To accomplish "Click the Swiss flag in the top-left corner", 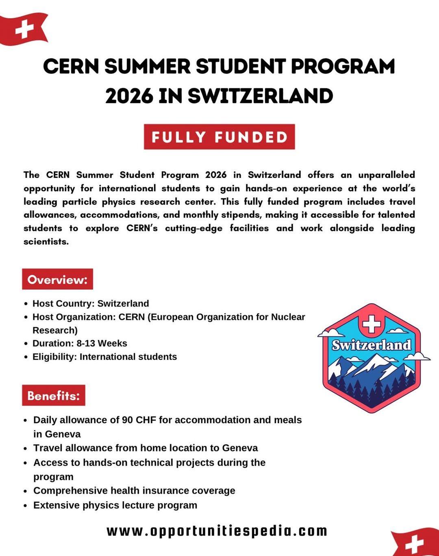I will point(24,29).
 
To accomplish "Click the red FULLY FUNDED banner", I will point(219,137).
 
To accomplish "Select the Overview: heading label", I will point(57,279).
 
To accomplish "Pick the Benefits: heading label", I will point(54,396).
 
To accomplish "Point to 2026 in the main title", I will point(129,96).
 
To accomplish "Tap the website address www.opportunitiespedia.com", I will point(217,531).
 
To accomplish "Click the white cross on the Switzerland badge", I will point(371,324).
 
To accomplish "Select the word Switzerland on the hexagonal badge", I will point(372,345).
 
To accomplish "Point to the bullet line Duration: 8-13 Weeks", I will point(80,344).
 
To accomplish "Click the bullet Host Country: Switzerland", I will point(91,304).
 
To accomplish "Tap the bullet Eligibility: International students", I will point(104,357).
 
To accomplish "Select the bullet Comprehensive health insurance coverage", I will point(134,491).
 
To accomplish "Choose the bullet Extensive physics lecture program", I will point(115,505).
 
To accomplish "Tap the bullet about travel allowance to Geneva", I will point(146,448).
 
